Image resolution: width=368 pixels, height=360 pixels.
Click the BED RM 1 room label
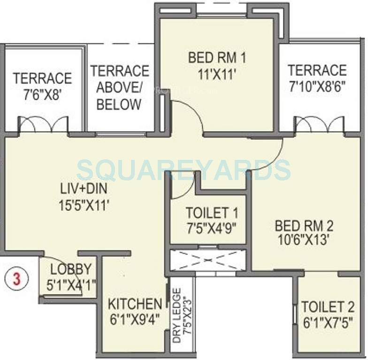[217, 58]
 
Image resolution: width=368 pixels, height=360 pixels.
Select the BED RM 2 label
[304, 225]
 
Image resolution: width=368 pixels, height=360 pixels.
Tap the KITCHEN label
[135, 303]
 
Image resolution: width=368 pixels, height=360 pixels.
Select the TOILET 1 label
[212, 213]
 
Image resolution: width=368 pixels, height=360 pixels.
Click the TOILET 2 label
[328, 307]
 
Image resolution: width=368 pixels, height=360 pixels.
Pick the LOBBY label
[71, 269]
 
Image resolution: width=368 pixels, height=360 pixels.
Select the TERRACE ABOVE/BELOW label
[120, 88]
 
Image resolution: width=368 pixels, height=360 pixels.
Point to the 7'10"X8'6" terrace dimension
[317, 87]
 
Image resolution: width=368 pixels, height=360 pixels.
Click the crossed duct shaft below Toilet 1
[207, 260]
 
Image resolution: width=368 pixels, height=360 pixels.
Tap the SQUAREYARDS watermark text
[184, 169]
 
